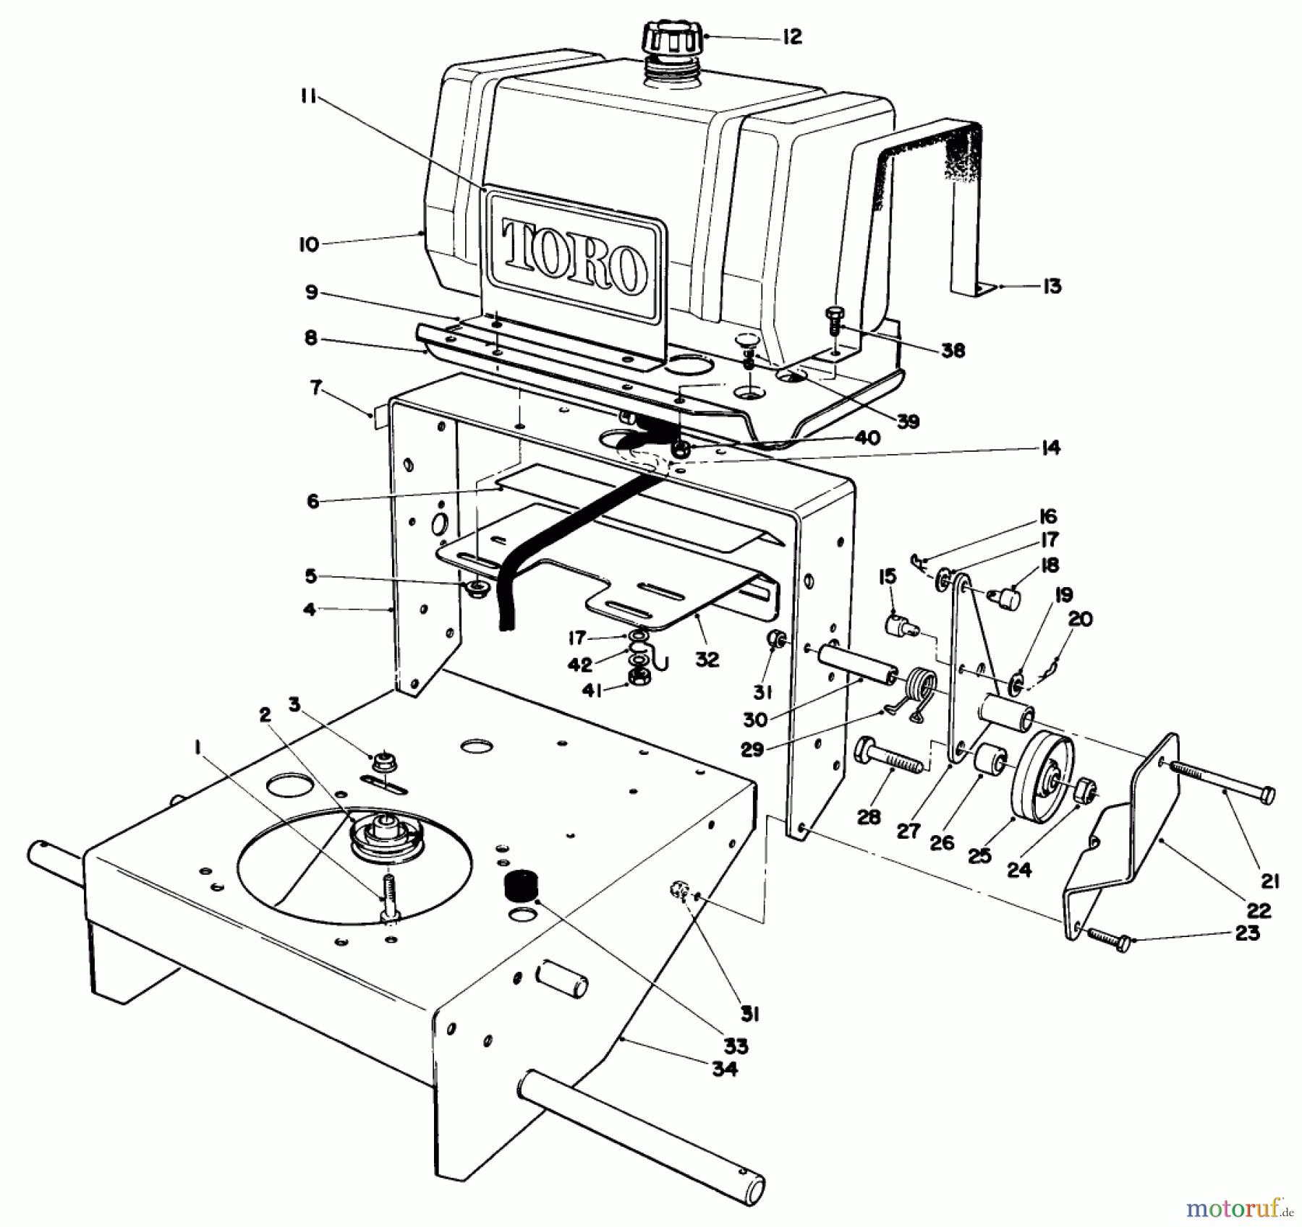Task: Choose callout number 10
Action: pyautogui.click(x=308, y=244)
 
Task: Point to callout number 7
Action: pyautogui.click(x=315, y=388)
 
